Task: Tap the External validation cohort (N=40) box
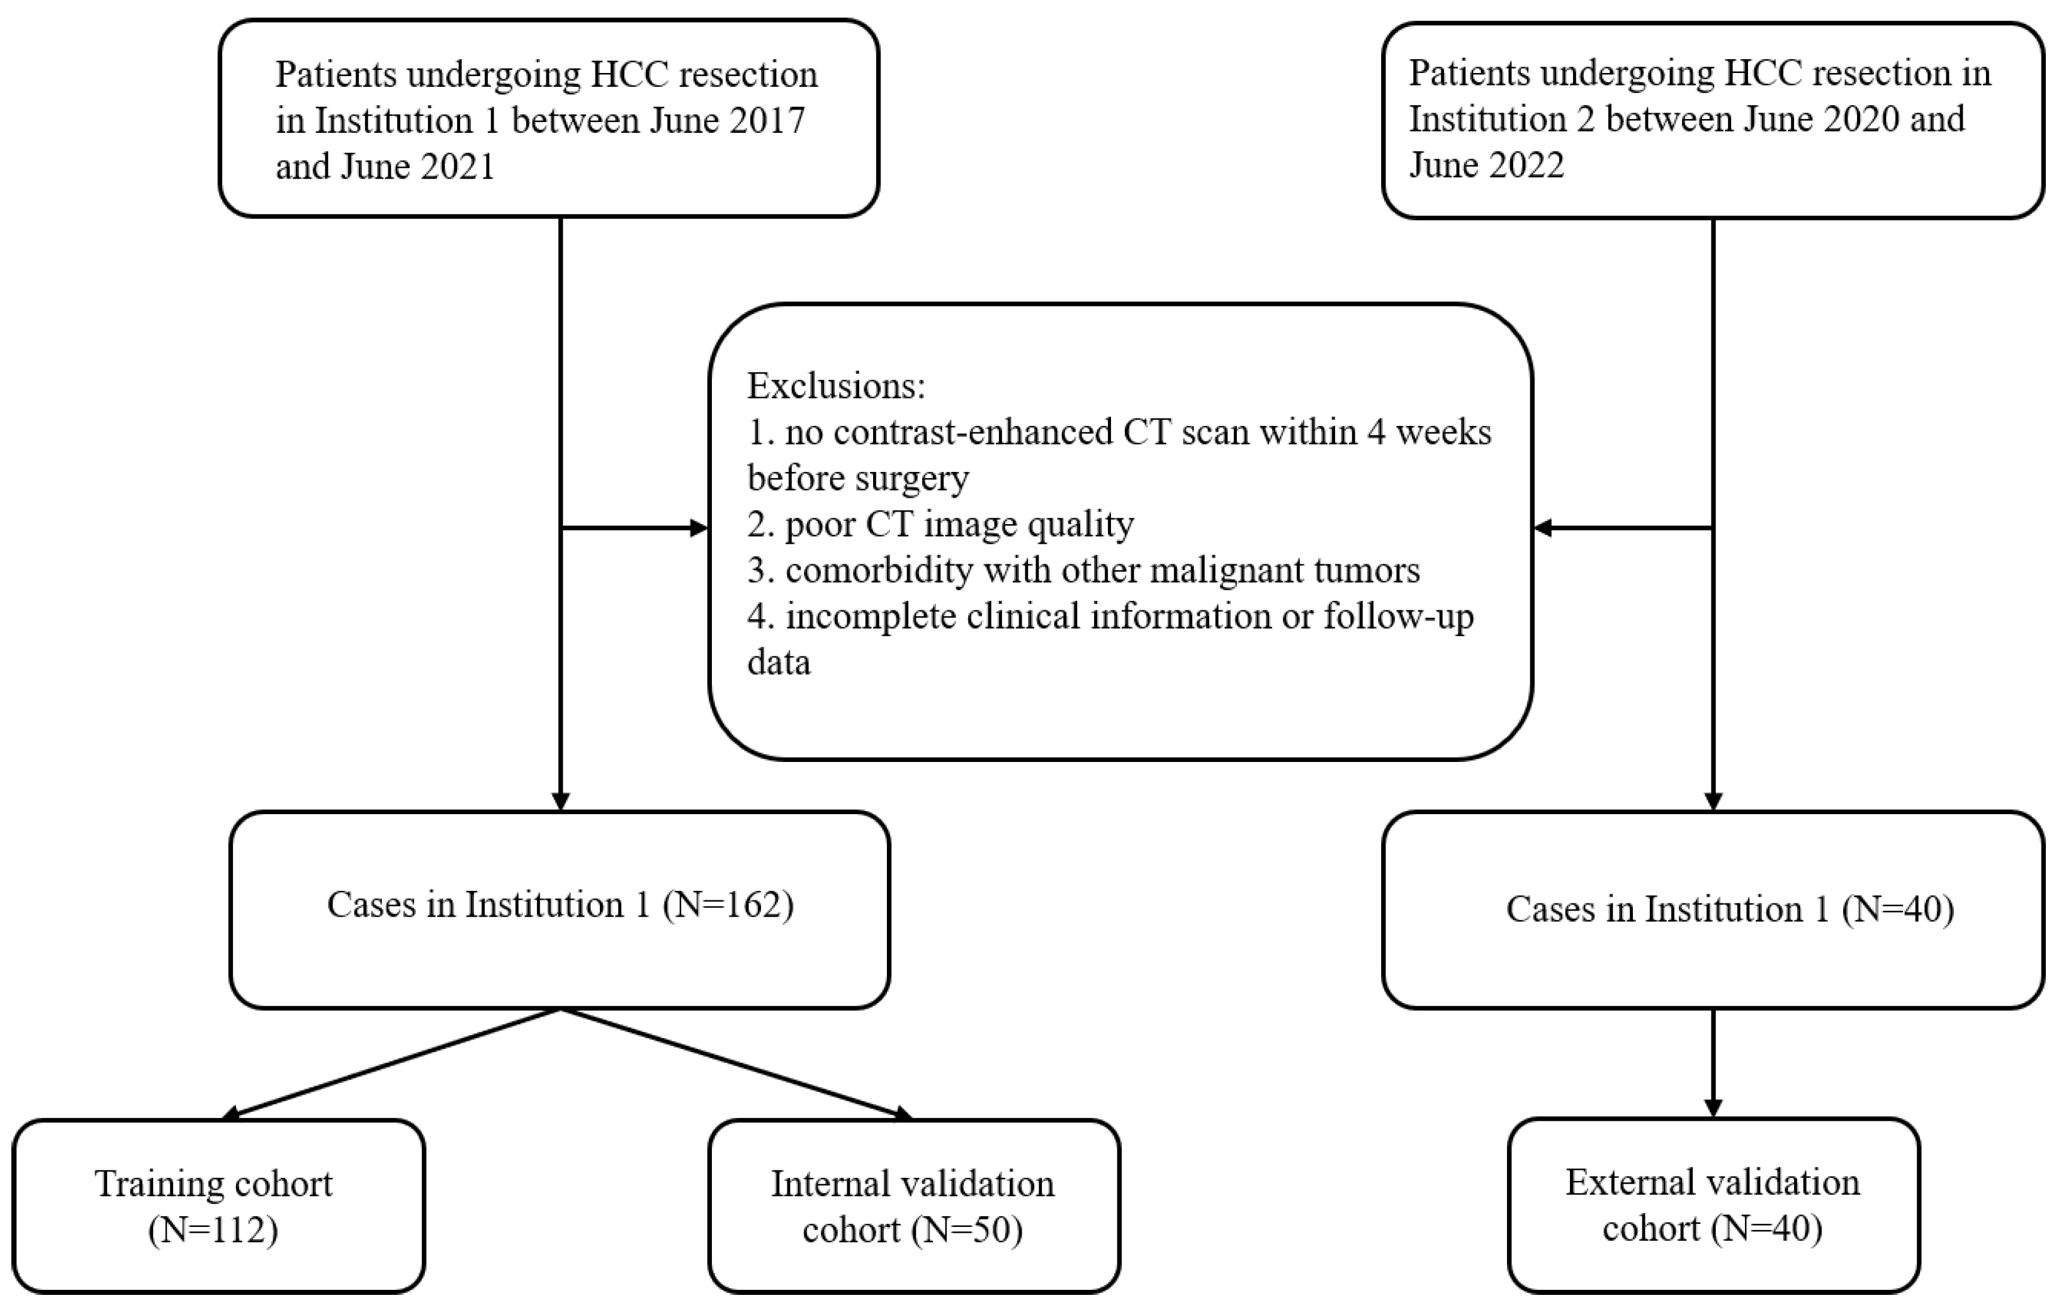coord(1713,1204)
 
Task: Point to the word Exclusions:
coord(836,386)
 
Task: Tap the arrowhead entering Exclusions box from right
coord(1542,528)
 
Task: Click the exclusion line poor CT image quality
coord(941,523)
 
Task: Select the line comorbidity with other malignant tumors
coord(1083,569)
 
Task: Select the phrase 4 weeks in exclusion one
coord(1429,432)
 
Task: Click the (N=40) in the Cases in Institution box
coord(1897,909)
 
